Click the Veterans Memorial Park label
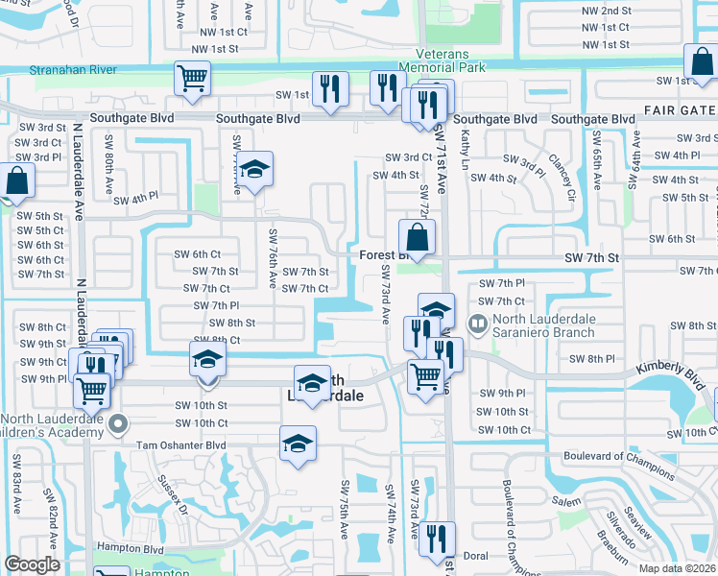tap(450, 60)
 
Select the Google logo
tap(33, 564)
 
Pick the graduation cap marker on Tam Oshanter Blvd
tap(298, 444)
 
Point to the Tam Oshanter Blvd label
tap(180, 445)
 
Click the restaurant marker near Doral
tap(436, 538)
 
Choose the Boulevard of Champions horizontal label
tap(618, 456)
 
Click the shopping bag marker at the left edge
tap(17, 180)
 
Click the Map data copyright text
tap(677, 567)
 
